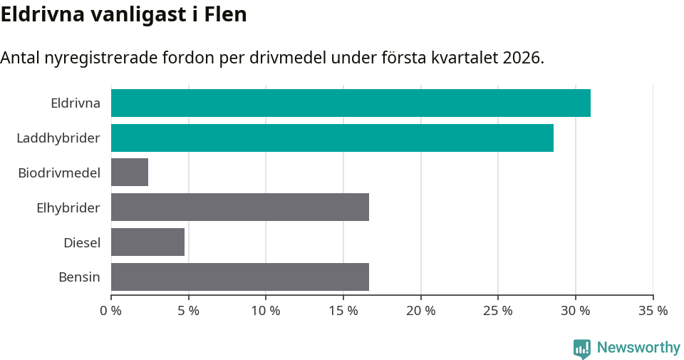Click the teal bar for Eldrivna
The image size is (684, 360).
pyautogui.click(x=351, y=103)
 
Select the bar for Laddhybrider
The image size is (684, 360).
pyautogui.click(x=332, y=138)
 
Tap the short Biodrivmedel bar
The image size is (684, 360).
pyautogui.click(x=130, y=173)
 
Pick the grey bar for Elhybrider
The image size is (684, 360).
pyautogui.click(x=240, y=207)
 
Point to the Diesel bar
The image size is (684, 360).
pyautogui.click(x=147, y=242)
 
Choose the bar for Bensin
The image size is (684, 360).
pyautogui.click(x=240, y=277)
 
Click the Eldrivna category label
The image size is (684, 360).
pyautogui.click(x=76, y=103)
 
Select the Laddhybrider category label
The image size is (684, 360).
pyautogui.click(x=58, y=138)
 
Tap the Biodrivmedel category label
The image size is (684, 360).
pyautogui.click(x=59, y=173)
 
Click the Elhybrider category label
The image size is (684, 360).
pyautogui.click(x=68, y=207)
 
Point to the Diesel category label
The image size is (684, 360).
pyautogui.click(x=82, y=242)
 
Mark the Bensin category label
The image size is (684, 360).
pyautogui.click(x=79, y=277)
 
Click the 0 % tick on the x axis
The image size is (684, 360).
pyautogui.click(x=110, y=311)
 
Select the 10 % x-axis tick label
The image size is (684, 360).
pyautogui.click(x=266, y=311)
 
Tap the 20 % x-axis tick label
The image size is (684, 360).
pyautogui.click(x=420, y=311)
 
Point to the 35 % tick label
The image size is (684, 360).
pyautogui.click(x=653, y=311)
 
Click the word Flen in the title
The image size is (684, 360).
pyautogui.click(x=225, y=14)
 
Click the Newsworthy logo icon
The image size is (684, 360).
pyautogui.click(x=582, y=348)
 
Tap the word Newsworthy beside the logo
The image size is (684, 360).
pyautogui.click(x=638, y=348)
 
